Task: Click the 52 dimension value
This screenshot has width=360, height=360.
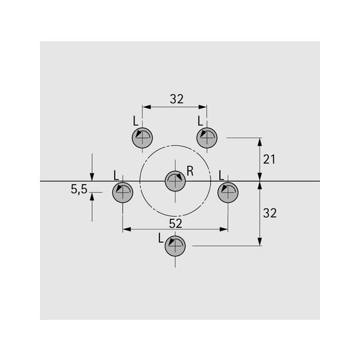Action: click(x=175, y=223)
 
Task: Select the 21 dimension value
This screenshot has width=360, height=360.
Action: click(x=269, y=159)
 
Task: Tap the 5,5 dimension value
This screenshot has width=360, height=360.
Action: click(x=79, y=189)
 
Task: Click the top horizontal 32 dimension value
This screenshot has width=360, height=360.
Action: click(x=177, y=99)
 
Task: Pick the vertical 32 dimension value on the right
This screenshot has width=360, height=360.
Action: click(x=270, y=213)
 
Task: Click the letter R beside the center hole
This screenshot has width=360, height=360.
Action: click(x=190, y=171)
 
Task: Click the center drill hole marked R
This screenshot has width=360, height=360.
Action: click(x=175, y=181)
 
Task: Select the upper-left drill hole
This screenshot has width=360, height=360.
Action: click(x=143, y=138)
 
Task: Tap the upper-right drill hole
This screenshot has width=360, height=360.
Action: click(x=207, y=138)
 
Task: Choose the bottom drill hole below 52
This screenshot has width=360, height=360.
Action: click(x=175, y=246)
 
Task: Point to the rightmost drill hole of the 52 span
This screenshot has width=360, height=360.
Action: click(x=228, y=193)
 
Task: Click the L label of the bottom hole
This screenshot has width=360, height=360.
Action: click(x=161, y=239)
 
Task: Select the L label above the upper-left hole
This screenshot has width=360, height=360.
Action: click(x=136, y=121)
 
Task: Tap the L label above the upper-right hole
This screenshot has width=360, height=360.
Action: click(x=200, y=121)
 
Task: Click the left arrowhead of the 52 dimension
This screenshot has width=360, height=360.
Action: click(x=127, y=229)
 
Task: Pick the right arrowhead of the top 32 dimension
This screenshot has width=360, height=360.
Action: click(x=203, y=107)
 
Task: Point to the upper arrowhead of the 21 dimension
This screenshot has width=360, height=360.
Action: click(x=260, y=142)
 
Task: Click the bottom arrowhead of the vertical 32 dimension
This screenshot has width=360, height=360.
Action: click(x=260, y=241)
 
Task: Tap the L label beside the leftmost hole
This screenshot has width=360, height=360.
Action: click(x=116, y=175)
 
